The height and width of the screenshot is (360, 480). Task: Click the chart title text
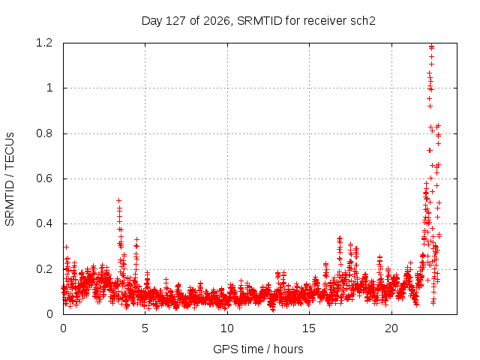click(258, 21)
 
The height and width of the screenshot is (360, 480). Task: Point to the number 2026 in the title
click(217, 21)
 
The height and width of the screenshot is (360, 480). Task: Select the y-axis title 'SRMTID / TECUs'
click(10, 179)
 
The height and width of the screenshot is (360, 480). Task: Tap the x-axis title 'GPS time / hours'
click(258, 349)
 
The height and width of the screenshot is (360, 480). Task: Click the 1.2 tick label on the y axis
click(44, 43)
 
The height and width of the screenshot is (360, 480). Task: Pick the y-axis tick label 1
click(49, 88)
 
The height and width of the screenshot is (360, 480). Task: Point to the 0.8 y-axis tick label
click(44, 133)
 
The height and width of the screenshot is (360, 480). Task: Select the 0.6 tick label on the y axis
click(44, 178)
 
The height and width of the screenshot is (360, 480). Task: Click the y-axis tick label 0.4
click(44, 223)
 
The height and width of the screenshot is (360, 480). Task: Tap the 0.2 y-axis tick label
click(44, 269)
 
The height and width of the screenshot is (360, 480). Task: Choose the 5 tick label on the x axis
click(145, 328)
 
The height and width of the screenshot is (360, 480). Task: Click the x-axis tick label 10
click(227, 328)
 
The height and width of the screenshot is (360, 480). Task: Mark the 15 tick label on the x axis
click(309, 328)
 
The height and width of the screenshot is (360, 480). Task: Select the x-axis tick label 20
click(391, 328)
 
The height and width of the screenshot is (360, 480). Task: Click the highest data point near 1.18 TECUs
click(432, 46)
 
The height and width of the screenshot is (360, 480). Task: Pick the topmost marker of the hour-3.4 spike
click(118, 200)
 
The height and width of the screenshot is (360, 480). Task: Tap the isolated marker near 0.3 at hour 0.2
click(66, 247)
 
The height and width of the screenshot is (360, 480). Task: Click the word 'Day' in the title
click(151, 21)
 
